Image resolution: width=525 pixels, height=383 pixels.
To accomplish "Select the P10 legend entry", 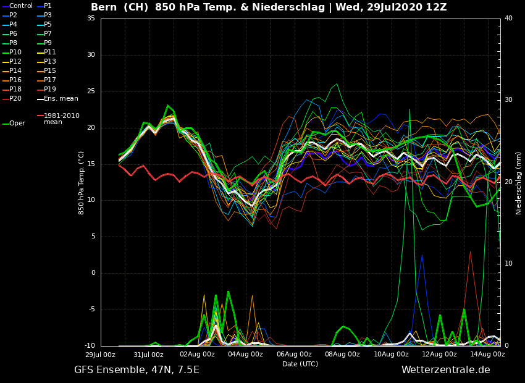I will (15, 53).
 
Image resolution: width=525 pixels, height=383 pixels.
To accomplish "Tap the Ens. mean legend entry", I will (61, 99).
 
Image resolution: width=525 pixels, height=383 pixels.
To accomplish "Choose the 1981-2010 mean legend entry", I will (61, 119).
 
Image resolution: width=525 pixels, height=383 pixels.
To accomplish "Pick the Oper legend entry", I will (17, 124).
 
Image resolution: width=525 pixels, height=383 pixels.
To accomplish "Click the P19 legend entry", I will (50, 90).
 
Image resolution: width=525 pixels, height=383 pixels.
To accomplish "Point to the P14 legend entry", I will (15, 71).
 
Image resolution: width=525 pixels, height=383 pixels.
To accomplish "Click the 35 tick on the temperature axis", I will (91, 19).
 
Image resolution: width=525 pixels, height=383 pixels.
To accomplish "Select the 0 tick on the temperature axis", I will (93, 273).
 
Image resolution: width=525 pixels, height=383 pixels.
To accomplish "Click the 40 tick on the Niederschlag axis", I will (508, 19).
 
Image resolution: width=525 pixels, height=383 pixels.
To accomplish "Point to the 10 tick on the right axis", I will (508, 264).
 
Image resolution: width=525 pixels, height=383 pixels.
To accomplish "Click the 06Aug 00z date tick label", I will (294, 355).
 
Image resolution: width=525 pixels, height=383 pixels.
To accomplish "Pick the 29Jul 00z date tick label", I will (100, 355).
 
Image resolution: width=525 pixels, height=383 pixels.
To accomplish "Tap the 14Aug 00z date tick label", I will (488, 355).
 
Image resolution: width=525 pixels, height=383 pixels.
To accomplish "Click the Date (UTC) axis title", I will (300, 364).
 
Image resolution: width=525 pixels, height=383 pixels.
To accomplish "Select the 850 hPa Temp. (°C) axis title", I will (82, 182).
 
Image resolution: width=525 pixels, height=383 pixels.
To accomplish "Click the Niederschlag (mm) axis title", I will (519, 183).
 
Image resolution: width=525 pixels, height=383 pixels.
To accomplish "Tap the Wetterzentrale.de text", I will (445, 370).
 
